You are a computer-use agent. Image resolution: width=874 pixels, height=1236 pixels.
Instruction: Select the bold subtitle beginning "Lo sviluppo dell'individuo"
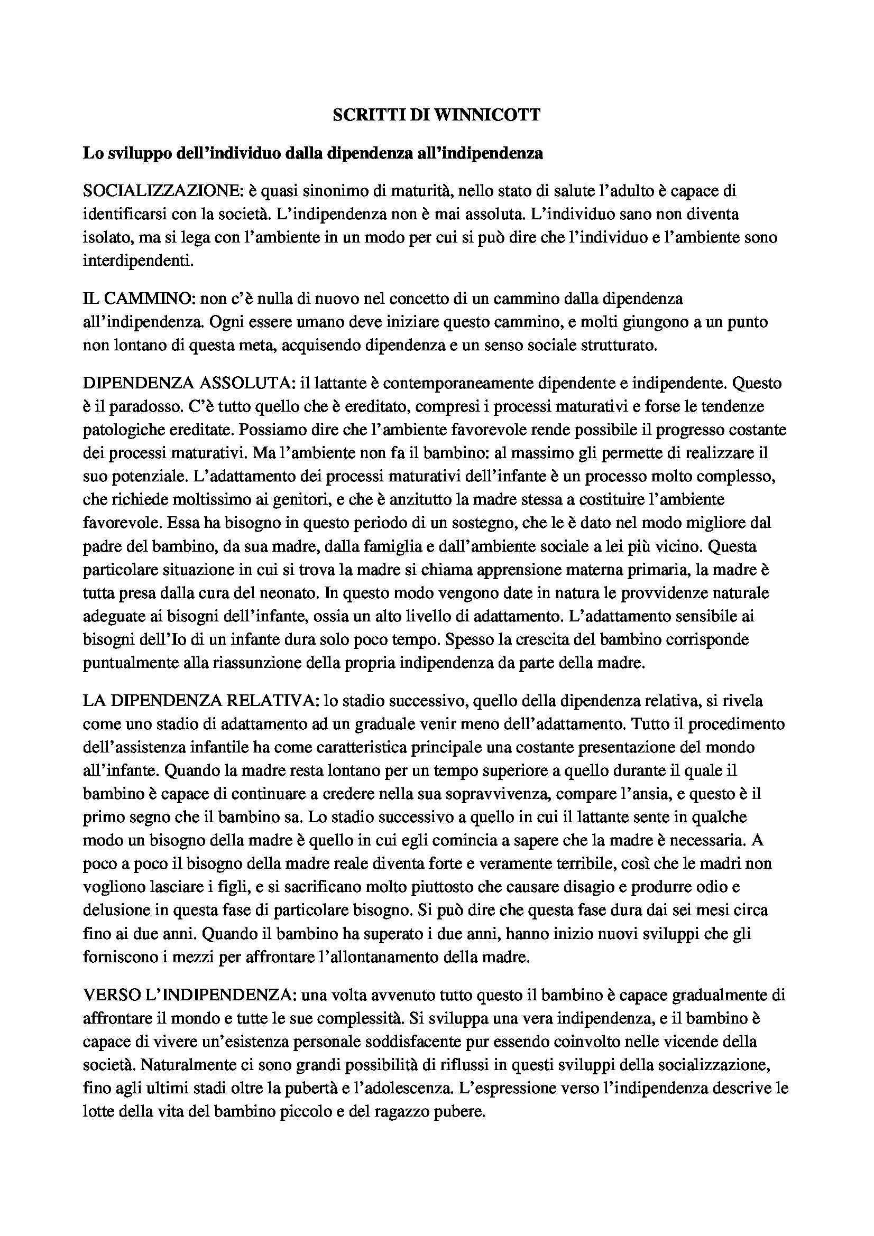tap(312, 153)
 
